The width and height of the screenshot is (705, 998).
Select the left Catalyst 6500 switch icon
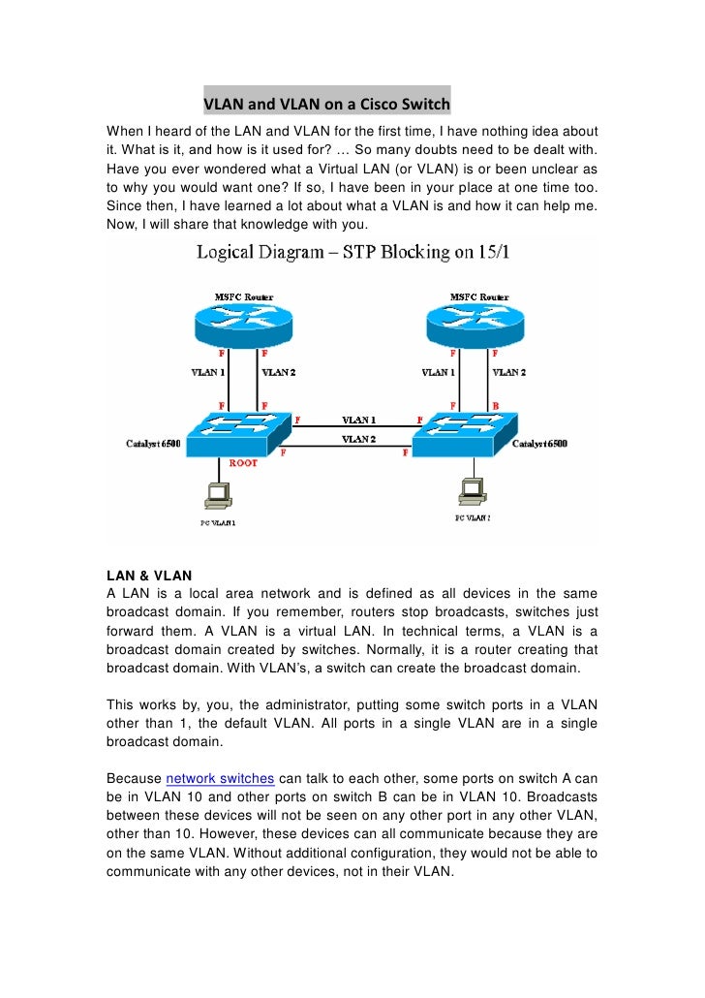(x=241, y=436)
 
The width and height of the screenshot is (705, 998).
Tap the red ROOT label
(x=243, y=464)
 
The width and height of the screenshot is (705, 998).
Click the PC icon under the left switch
(x=217, y=496)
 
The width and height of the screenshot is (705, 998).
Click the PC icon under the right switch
(x=473, y=494)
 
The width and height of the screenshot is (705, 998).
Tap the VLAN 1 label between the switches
(x=358, y=421)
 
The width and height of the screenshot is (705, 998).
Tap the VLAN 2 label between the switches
(x=358, y=439)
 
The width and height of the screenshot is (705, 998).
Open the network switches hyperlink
(x=221, y=778)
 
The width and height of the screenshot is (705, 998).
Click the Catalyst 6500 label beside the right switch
(x=540, y=444)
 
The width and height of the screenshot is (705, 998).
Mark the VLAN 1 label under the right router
(x=440, y=371)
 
